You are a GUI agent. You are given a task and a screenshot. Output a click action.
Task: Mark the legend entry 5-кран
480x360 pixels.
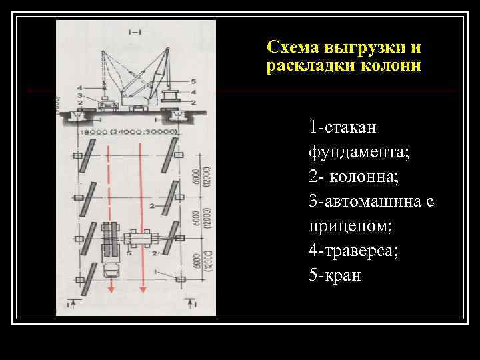pos(335,276)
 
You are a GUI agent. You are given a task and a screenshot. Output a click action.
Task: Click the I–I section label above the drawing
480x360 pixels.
pos(133,29)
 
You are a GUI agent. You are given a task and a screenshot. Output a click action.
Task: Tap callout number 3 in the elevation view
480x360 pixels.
pos(80,95)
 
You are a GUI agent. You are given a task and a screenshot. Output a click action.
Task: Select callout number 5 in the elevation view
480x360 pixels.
pos(193,81)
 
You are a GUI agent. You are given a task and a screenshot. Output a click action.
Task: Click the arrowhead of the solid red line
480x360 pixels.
pos(143,290)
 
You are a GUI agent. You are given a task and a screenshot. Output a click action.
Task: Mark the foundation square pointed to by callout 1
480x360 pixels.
pos(179,277)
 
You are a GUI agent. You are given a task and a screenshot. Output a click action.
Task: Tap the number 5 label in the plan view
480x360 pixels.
pos(129,254)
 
